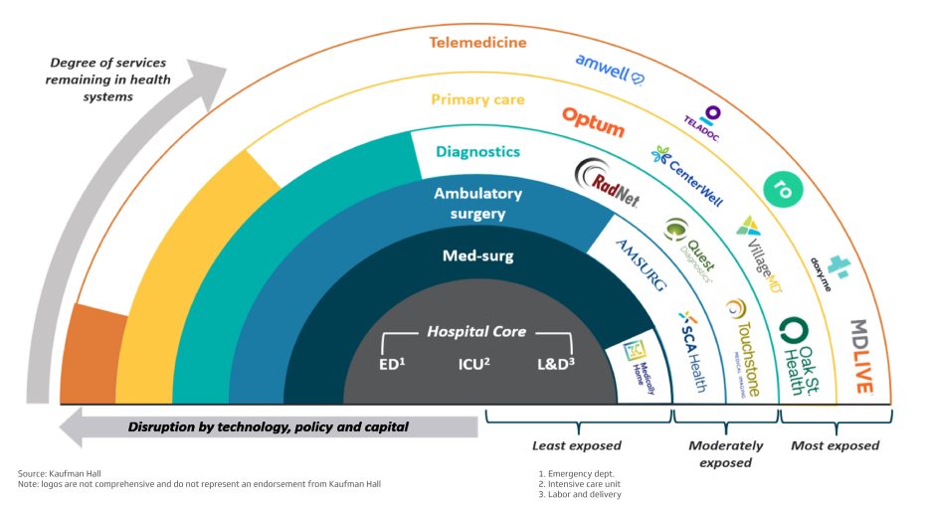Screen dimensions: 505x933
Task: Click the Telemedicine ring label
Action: pos(478,43)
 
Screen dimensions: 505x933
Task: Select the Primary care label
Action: pos(477,99)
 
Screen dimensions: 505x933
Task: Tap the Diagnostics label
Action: pos(477,152)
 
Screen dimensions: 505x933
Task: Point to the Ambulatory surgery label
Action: pos(477,204)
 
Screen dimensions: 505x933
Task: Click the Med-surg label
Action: pos(477,256)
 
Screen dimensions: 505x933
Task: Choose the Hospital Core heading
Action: pos(476,331)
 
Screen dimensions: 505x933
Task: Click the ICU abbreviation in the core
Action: pos(475,365)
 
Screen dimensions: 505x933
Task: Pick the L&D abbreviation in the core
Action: pos(555,365)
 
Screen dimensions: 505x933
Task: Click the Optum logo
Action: pos(593,123)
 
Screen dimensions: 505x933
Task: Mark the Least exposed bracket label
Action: pos(576,445)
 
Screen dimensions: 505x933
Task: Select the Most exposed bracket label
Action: pos(835,445)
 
